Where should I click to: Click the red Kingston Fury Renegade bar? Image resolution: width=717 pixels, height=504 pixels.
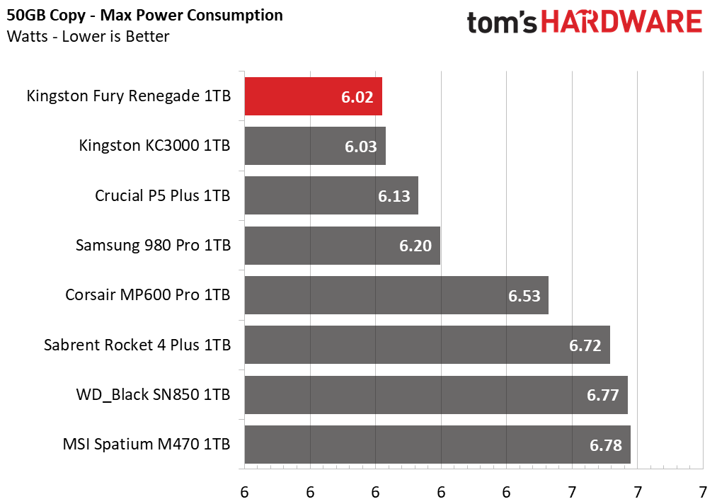tap(314, 96)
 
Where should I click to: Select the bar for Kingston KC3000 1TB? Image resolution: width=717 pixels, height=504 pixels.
tap(315, 146)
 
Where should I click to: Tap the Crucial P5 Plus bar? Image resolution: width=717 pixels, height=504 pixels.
tap(331, 195)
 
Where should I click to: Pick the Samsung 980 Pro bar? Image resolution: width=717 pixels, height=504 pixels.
tap(342, 245)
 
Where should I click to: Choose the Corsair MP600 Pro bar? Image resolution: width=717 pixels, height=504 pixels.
tap(396, 295)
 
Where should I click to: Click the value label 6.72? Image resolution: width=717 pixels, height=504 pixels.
tap(585, 345)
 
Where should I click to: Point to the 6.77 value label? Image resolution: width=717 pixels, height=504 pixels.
tap(602, 395)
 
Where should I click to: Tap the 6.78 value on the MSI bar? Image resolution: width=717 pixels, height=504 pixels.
tap(605, 445)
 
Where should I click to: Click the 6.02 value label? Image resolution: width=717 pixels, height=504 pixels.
tap(357, 97)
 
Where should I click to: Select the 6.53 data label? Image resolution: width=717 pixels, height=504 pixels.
tap(524, 296)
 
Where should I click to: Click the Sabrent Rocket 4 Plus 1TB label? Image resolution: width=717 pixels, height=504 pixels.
tap(137, 345)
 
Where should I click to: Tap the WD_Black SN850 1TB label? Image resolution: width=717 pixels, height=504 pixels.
tap(153, 395)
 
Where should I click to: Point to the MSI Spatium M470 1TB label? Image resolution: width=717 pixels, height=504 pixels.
tap(147, 444)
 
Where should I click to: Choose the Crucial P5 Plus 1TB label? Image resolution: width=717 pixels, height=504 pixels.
tap(162, 196)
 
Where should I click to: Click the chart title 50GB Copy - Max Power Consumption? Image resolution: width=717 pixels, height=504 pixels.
tap(144, 15)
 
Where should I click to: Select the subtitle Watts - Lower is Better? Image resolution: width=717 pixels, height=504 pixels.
tap(88, 36)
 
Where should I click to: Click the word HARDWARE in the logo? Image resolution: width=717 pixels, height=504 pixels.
tap(622, 21)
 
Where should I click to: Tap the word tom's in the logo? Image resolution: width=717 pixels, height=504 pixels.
tap(502, 23)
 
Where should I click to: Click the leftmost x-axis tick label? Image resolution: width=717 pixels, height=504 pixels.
tap(244, 492)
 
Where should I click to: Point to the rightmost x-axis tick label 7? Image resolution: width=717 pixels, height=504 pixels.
tap(703, 492)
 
